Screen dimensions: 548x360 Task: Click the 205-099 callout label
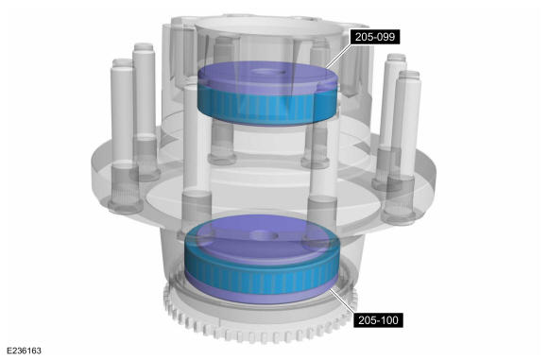tap(375, 37)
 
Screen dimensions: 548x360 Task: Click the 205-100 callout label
tap(378, 320)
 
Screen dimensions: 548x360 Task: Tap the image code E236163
tap(24, 351)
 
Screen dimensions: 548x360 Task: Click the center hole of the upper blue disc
tap(268, 73)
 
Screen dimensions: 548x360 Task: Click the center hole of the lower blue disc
tap(265, 235)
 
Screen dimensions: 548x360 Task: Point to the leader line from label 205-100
tap(343, 300)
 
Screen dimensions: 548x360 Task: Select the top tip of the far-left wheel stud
tap(122, 62)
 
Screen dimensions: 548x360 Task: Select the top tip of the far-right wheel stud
tap(409, 74)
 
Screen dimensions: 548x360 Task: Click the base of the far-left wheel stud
tap(125, 206)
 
